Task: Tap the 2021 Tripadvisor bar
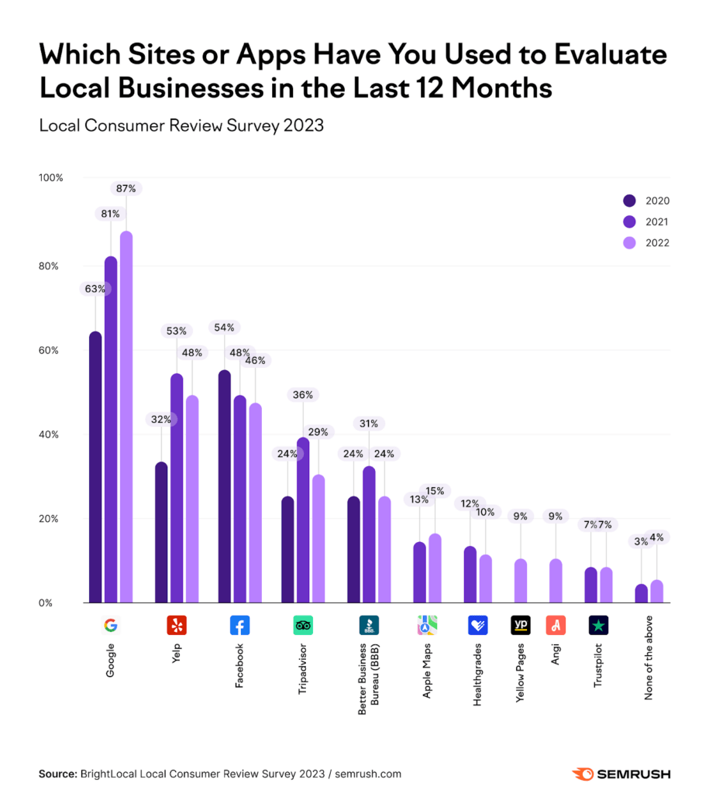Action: pyautogui.click(x=302, y=520)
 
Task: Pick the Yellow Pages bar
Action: pyautogui.click(x=521, y=580)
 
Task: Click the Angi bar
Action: pyautogui.click(x=556, y=580)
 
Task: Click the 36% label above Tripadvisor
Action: pyautogui.click(x=302, y=395)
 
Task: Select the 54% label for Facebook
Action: pyautogui.click(x=225, y=328)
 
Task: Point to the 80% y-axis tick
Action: pyautogui.click(x=49, y=266)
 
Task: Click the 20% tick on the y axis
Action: pyautogui.click(x=49, y=518)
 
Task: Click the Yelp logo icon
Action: pyautogui.click(x=177, y=625)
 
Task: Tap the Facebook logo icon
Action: pyautogui.click(x=239, y=625)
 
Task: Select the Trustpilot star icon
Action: pyautogui.click(x=598, y=625)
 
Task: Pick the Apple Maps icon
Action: pyautogui.click(x=427, y=625)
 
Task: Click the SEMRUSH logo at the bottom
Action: pyautogui.click(x=621, y=774)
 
